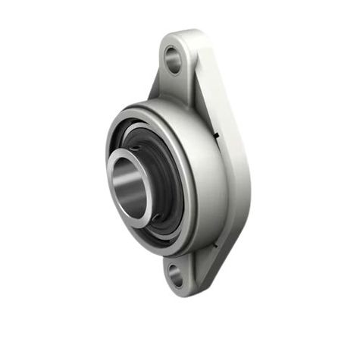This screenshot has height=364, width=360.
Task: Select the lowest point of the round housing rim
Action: coord(163,256)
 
